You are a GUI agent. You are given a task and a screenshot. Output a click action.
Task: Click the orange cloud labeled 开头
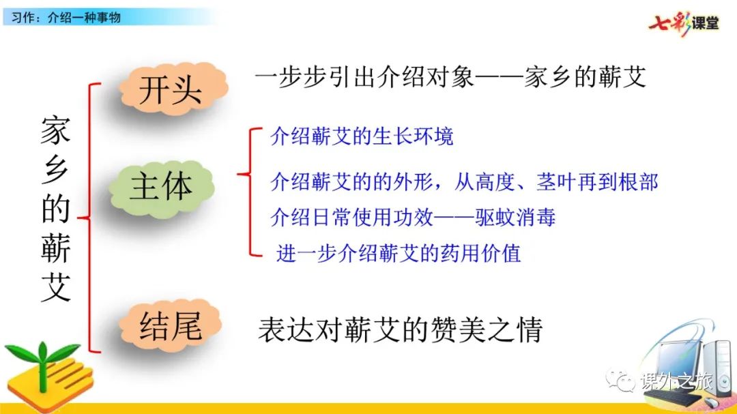173,89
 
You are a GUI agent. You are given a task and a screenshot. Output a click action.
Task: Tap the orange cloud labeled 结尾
170,325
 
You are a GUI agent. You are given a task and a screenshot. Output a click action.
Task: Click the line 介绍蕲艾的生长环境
362,136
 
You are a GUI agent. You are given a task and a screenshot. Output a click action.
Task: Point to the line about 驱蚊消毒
413,218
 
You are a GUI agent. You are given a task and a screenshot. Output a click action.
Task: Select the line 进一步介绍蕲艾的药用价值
399,253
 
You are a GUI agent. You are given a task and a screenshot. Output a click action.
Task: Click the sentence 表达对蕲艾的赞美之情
401,329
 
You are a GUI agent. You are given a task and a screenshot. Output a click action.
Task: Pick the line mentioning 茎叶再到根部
464,182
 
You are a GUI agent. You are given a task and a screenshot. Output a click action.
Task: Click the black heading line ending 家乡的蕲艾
450,77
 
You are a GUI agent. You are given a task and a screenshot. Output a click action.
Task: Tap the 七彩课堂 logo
683,23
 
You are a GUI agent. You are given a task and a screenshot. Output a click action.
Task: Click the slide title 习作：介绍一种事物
66,18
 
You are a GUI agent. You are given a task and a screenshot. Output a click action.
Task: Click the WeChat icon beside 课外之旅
620,380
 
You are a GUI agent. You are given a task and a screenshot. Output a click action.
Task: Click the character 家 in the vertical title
55,131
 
